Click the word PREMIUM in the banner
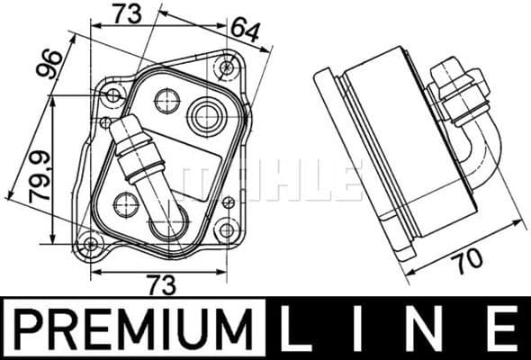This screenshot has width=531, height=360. tap(134, 327)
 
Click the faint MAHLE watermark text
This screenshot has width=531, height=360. tap(270, 180)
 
